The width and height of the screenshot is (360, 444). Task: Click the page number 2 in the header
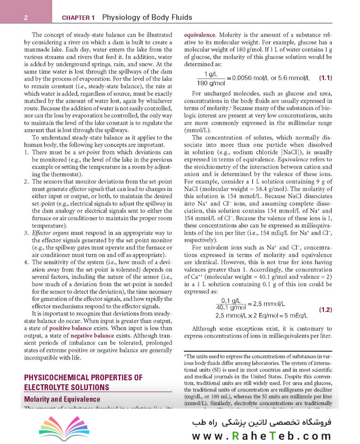coord(25,18)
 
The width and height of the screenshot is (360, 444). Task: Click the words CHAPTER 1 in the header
coord(78,18)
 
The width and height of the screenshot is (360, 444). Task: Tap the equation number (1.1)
coord(325,78)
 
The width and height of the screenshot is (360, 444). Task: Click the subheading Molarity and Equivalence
coord(62,399)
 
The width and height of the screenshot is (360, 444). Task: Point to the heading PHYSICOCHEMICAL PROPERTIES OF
coord(83,377)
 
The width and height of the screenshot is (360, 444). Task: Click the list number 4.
coord(26,262)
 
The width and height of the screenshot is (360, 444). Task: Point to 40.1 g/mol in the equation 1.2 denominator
coord(231,307)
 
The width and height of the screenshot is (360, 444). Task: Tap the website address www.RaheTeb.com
coord(261,436)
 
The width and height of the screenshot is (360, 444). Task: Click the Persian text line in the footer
coord(261,423)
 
